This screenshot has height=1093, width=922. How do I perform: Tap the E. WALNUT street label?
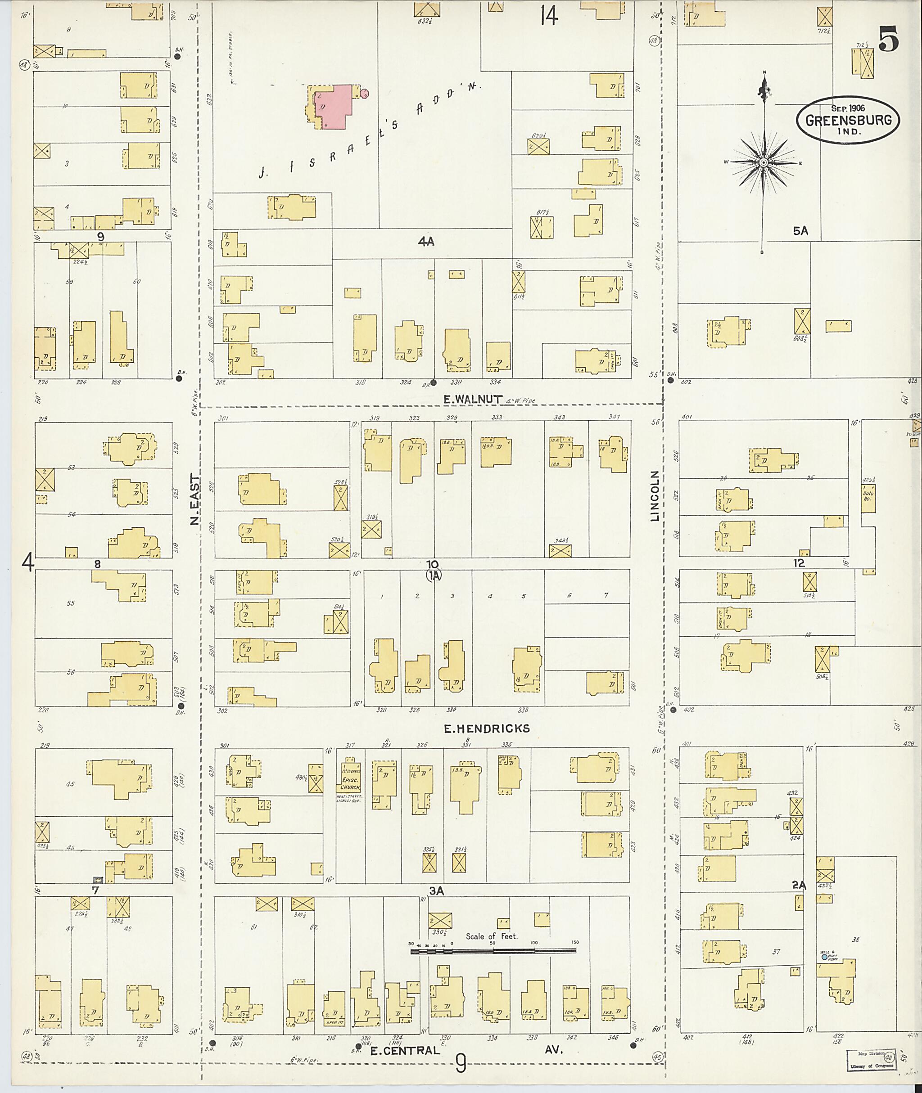(x=467, y=400)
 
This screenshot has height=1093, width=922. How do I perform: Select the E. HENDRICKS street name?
(x=487, y=729)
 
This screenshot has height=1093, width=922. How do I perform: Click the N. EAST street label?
(x=194, y=499)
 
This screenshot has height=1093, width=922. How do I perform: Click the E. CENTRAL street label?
(x=405, y=1050)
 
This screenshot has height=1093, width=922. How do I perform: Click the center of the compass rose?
(x=764, y=163)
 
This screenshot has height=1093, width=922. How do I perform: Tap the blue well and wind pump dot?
(x=824, y=957)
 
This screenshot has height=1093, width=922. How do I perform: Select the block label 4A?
(x=426, y=241)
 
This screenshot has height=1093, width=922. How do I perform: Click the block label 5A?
(x=800, y=231)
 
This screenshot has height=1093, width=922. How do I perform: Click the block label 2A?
(x=799, y=885)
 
